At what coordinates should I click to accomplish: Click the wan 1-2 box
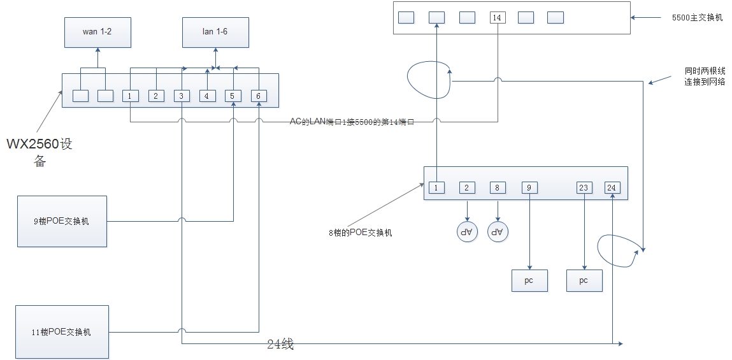pos(97,32)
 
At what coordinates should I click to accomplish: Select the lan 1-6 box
pos(215,32)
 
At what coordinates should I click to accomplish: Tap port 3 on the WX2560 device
pos(182,96)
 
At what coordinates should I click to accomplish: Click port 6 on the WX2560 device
pos(259,96)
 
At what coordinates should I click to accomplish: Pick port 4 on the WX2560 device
pos(207,96)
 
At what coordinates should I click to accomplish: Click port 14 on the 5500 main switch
pos(498,17)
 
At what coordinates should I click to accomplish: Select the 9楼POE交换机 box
pos(62,221)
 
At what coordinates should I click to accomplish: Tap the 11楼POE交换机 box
pos(62,331)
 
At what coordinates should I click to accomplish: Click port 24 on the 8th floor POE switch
pos(612,187)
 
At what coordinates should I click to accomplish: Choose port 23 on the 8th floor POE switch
pos(584,187)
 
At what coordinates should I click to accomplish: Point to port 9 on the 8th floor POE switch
pos(529,187)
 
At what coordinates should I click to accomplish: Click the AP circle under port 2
pos(468,232)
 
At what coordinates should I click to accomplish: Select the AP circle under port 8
pos(498,232)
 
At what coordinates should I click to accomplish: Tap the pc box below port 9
pos(529,280)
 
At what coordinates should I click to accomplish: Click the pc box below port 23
pos(584,280)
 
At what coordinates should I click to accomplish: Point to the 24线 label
pos(280,345)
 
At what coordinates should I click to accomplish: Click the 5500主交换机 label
pos(697,18)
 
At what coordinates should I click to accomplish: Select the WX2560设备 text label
pos(39,152)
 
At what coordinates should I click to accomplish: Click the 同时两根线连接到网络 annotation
pos(705,76)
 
